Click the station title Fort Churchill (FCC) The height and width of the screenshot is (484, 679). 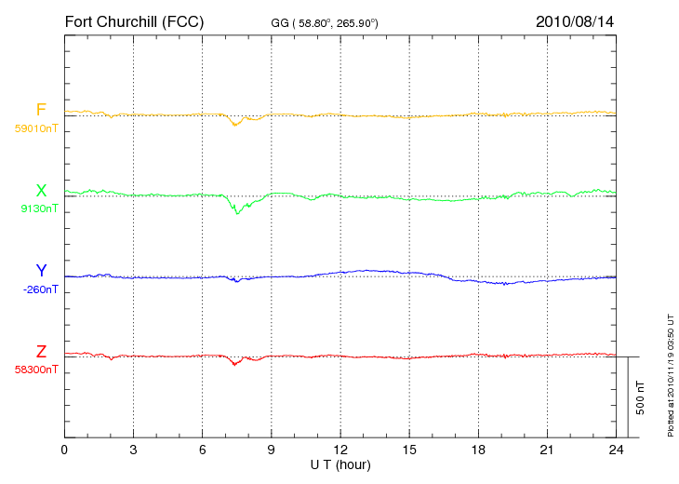point(134,22)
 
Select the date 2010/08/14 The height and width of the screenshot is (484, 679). point(575,21)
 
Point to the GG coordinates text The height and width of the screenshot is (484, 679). point(325,23)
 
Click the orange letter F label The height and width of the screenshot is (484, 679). point(41,110)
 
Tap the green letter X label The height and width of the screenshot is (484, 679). point(41,191)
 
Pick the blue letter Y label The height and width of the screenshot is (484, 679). point(41,271)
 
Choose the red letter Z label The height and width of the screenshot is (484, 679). point(41,352)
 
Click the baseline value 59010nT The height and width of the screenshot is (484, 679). point(36,128)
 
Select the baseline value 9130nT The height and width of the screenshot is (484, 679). point(39,208)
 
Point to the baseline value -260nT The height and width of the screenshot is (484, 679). point(40,289)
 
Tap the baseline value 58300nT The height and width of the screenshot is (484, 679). point(36,370)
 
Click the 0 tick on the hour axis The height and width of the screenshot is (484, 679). point(64,450)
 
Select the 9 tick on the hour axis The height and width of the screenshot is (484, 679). point(271,450)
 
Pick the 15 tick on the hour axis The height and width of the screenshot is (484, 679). point(409,450)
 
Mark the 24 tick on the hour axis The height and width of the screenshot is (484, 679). point(616,450)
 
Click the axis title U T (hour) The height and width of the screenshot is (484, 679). point(340,465)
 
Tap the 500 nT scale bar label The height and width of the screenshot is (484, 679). point(641,397)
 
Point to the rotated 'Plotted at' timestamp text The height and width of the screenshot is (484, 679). point(671,375)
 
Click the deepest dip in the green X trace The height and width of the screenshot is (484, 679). point(237,213)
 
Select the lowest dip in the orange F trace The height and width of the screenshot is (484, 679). point(235,126)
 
